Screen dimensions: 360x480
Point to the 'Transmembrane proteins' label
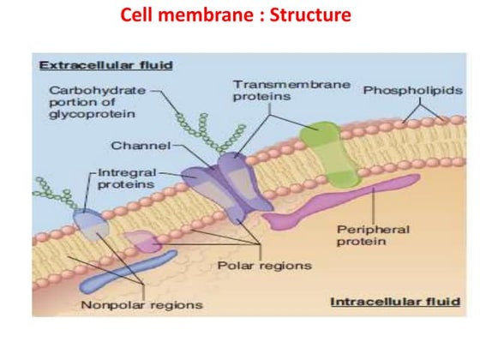point(275,91)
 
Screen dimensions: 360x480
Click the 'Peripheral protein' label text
point(373,236)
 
